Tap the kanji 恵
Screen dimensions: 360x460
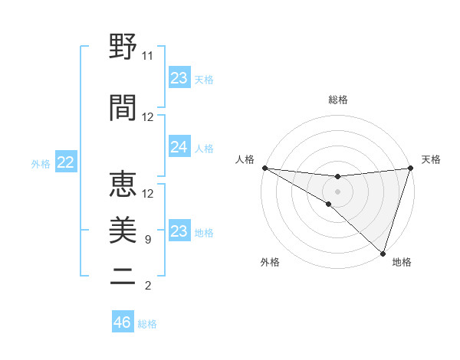tap(123, 184)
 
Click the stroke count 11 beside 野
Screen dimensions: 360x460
tap(148, 57)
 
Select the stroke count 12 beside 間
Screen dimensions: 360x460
tap(148, 117)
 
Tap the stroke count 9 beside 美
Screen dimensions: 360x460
tap(147, 241)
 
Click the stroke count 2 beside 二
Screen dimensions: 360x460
tap(147, 286)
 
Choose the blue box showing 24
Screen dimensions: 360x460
tap(179, 148)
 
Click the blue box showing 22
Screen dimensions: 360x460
tap(65, 162)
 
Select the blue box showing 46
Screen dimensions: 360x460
tap(123, 322)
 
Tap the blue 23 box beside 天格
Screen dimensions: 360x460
tap(179, 78)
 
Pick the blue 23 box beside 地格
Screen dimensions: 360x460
tap(179, 231)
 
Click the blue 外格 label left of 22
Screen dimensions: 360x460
tap(41, 163)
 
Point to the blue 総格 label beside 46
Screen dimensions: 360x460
tap(147, 323)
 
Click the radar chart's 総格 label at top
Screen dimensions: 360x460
tap(338, 100)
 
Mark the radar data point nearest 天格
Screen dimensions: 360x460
tap(411, 169)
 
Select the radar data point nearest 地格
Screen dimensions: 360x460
tap(383, 253)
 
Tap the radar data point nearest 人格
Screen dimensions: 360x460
tap(264, 168)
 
